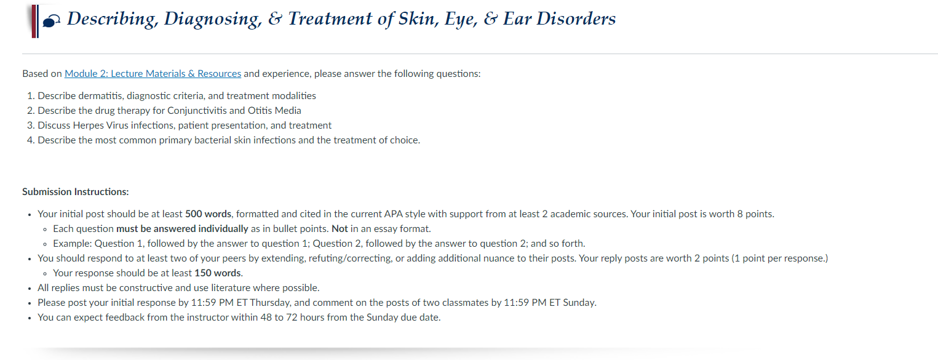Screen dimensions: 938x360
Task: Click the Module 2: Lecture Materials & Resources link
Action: (x=153, y=74)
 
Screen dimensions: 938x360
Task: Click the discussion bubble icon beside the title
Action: (x=51, y=21)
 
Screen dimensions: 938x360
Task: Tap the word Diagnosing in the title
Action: (x=213, y=19)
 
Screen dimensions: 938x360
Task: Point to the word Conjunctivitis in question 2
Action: (x=195, y=111)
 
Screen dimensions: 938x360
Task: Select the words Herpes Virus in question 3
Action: (x=100, y=126)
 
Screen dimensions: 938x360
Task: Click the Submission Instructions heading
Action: (x=76, y=192)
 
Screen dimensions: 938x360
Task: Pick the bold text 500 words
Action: (x=208, y=214)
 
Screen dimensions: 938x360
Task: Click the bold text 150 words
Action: (x=218, y=273)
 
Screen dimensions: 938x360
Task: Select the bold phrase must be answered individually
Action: (x=182, y=229)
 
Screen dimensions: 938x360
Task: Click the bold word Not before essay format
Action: (x=340, y=229)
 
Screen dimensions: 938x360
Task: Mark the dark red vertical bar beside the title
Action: (x=34, y=22)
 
